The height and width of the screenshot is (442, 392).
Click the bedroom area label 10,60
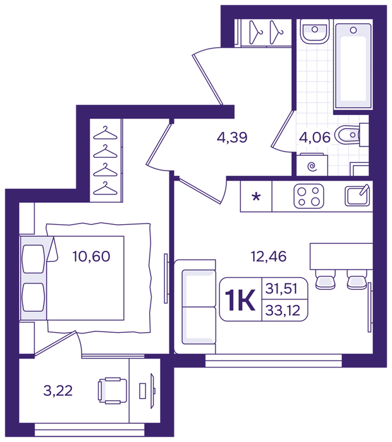pos(91,256)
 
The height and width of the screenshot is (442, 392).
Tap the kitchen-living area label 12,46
pos(269,256)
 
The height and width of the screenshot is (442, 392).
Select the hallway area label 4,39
pos(232,138)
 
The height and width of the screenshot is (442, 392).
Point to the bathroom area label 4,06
pos(315,138)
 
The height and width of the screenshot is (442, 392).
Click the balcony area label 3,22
pos(58,391)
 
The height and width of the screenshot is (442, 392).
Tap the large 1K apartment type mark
pos(240,300)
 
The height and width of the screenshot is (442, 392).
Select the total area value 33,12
pos(283,311)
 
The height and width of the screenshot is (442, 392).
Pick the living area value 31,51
pos(281,289)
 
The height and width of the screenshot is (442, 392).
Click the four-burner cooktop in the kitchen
pos(309,196)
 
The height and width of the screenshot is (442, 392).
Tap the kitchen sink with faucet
pos(357,195)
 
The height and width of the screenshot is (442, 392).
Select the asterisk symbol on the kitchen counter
pos(256,196)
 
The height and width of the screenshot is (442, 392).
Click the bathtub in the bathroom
pos(353,66)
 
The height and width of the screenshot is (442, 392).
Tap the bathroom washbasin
pos(314,32)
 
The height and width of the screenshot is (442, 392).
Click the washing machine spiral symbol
pos(312,167)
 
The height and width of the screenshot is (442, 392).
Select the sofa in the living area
pos(195,307)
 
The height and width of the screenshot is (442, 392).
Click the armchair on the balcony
pos(112,391)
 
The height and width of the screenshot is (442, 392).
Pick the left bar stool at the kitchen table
pos(326,279)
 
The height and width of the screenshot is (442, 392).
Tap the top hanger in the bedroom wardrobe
pos(105,133)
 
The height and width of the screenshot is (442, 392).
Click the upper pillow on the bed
pos(34,259)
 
